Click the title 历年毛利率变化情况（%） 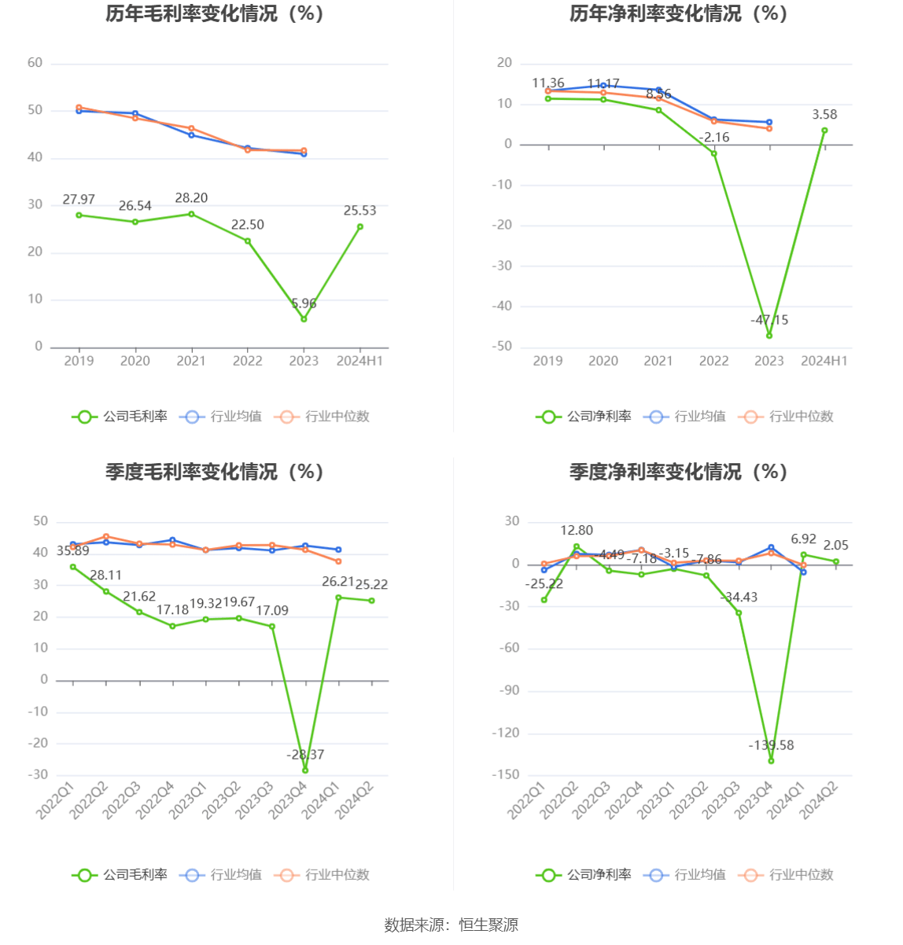pyautogui.click(x=215, y=14)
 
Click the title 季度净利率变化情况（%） pyautogui.click(x=679, y=472)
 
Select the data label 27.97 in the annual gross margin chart pyautogui.click(x=79, y=200)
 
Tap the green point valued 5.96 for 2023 pyautogui.click(x=304, y=319)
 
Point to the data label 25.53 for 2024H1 pyautogui.click(x=359, y=211)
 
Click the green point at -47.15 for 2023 pyautogui.click(x=769, y=336)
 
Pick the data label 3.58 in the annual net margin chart pyautogui.click(x=824, y=115)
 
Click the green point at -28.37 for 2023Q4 pyautogui.click(x=305, y=770)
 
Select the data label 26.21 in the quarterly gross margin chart pyautogui.click(x=338, y=582)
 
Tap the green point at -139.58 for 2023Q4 pyautogui.click(x=771, y=761)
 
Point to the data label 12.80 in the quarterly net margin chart pyautogui.click(x=577, y=531)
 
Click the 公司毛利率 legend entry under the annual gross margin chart pyautogui.click(x=120, y=417)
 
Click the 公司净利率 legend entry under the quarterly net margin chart pyautogui.click(x=584, y=874)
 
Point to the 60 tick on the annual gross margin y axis pyautogui.click(x=35, y=63)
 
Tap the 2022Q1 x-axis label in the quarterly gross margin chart pyautogui.click(x=56, y=800)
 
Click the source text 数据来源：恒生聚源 pyautogui.click(x=451, y=925)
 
